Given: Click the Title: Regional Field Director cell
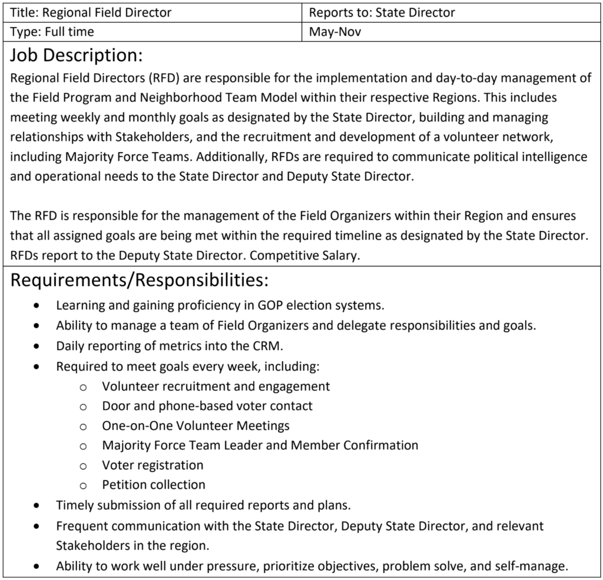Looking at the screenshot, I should pos(91,12).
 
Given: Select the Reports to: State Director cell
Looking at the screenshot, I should pos(382,12).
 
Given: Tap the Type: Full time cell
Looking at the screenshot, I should pos(52,32).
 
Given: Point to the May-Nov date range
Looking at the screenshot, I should pos(334,32).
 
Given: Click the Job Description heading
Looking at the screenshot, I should pos(77,55).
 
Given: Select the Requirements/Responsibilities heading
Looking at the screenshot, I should pos(140,280).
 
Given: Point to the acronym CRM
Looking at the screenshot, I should pos(267,346).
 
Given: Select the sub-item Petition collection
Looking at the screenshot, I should pos(154,485).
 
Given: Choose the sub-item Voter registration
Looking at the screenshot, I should pos(153,465).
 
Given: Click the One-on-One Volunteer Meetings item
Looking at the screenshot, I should pos(196,425).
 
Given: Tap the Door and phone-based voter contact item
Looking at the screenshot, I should pos(207,406).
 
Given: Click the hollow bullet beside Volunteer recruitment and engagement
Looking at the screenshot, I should pos(83,387).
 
